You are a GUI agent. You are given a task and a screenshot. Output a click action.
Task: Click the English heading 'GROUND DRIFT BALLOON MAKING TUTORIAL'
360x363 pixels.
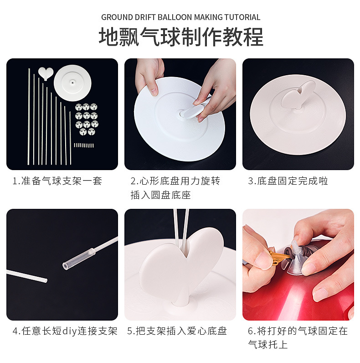point(180,17)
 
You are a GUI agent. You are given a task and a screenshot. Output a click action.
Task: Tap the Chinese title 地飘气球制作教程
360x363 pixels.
point(181,36)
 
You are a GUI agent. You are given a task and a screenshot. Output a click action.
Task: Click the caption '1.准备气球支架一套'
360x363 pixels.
point(57,181)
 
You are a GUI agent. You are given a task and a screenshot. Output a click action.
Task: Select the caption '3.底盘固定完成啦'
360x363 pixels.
point(288,181)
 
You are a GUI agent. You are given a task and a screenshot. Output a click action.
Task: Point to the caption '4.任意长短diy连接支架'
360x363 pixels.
point(64,331)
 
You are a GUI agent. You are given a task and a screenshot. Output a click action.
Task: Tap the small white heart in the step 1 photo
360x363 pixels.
point(46,73)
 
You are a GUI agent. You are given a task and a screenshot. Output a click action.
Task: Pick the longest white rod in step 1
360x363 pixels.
point(29,116)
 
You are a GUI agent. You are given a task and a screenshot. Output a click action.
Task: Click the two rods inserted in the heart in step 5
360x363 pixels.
point(181,228)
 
